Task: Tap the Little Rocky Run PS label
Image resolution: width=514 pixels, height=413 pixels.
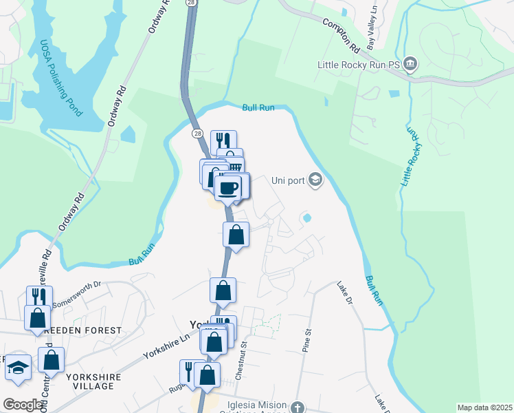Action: (359, 65)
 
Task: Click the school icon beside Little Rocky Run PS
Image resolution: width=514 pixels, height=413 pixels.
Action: (410, 65)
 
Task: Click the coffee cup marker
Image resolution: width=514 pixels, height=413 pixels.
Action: (228, 187)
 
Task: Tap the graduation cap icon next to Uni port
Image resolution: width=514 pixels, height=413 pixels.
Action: (315, 180)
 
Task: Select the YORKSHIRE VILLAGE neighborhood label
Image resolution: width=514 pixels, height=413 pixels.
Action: (93, 381)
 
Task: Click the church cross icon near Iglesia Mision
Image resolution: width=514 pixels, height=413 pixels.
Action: (296, 407)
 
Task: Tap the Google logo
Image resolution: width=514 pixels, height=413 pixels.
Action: (23, 405)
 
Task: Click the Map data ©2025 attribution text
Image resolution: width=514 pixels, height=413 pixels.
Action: (484, 407)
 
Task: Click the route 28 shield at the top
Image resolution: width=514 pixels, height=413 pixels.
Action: (190, 3)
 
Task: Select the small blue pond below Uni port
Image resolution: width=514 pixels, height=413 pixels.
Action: (306, 218)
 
